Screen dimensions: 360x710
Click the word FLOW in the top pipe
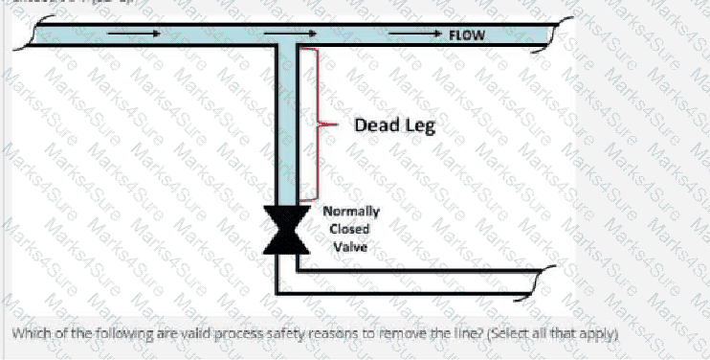[x=466, y=34]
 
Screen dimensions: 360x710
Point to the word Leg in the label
[x=419, y=125]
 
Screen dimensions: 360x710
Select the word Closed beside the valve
[x=349, y=229]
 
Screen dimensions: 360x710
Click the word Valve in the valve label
[x=349, y=246]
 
